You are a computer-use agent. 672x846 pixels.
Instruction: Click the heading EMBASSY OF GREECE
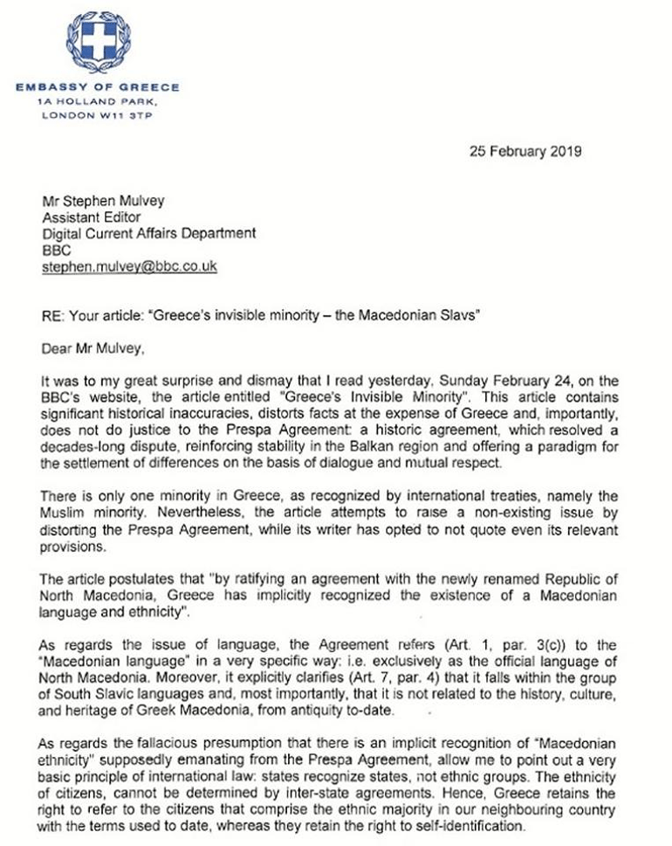pyautogui.click(x=98, y=87)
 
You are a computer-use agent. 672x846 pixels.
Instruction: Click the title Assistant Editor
pyautogui.click(x=87, y=218)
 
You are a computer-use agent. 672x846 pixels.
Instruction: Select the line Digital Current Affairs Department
pyautogui.click(x=149, y=234)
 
